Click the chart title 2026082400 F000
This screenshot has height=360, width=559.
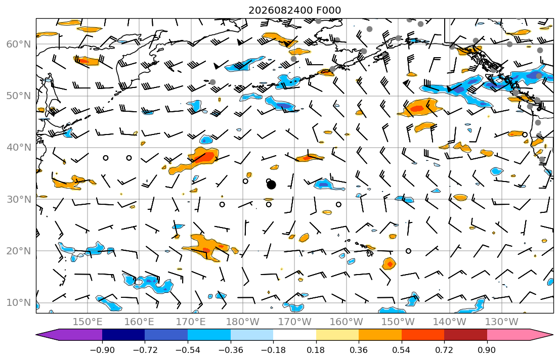tap(294, 10)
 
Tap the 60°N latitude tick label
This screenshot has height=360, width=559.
tap(19, 44)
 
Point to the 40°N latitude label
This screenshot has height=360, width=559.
tap(19, 147)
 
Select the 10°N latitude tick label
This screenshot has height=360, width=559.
tap(19, 303)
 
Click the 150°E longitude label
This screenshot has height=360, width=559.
tap(88, 322)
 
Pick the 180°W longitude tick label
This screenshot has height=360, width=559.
tap(243, 322)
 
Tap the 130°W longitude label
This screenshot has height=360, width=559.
tap(502, 322)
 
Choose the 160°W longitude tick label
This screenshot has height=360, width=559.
tap(346, 322)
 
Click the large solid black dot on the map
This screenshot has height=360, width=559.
tap(271, 185)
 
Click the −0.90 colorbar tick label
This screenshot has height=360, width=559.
tap(102, 350)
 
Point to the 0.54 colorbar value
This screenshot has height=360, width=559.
tap(402, 350)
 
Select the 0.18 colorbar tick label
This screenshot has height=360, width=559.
tap(316, 350)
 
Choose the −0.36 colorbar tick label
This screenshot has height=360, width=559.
tap(231, 350)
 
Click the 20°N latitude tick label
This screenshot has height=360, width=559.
tap(19, 251)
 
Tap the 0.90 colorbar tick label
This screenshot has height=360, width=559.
tap(487, 350)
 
